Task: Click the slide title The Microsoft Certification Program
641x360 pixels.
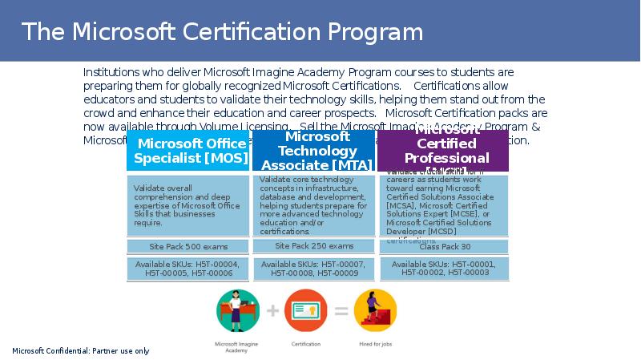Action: pos(222,32)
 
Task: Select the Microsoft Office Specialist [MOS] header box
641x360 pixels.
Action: pos(190,151)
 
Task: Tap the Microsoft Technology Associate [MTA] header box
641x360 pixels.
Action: pos(316,151)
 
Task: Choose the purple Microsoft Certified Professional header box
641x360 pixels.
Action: pos(442,151)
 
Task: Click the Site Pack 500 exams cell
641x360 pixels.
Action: pos(189,247)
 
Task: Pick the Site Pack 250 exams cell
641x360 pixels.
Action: pos(315,246)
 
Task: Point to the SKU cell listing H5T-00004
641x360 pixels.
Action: pos(189,269)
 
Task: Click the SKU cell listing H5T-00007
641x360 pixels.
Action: pos(315,269)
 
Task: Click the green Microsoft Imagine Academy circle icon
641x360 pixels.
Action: pos(237,311)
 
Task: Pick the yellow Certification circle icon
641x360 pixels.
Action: pos(306,311)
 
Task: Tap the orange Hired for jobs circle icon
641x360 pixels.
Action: pos(375,311)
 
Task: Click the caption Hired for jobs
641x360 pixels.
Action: pos(375,344)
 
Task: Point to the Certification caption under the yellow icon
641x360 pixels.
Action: pos(306,344)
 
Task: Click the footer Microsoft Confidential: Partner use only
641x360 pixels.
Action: pos(80,351)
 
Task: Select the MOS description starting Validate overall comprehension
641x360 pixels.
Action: pos(187,205)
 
